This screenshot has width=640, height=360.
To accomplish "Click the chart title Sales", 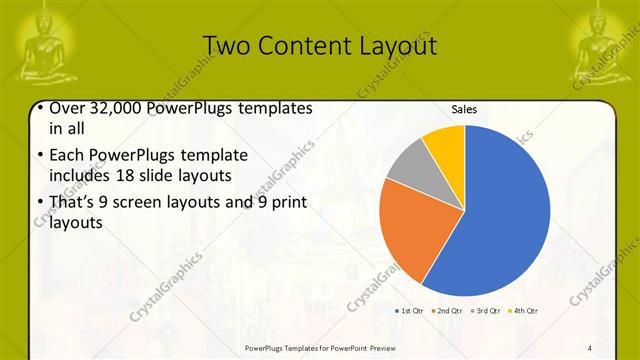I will click(464, 109).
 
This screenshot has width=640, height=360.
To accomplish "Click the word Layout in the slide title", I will click(400, 46).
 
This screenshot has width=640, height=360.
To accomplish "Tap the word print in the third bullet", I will click(285, 202).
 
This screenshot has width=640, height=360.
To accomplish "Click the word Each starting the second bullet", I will click(66, 155).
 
